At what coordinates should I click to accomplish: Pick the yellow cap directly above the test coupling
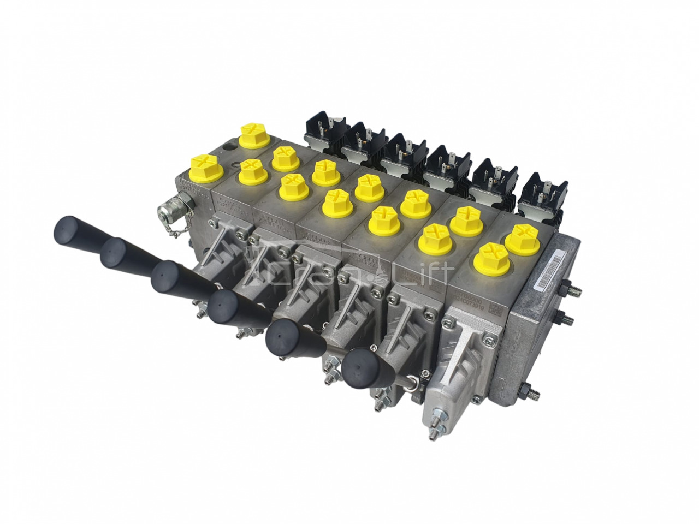click(204, 166)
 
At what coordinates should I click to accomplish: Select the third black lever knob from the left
click(167, 277)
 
